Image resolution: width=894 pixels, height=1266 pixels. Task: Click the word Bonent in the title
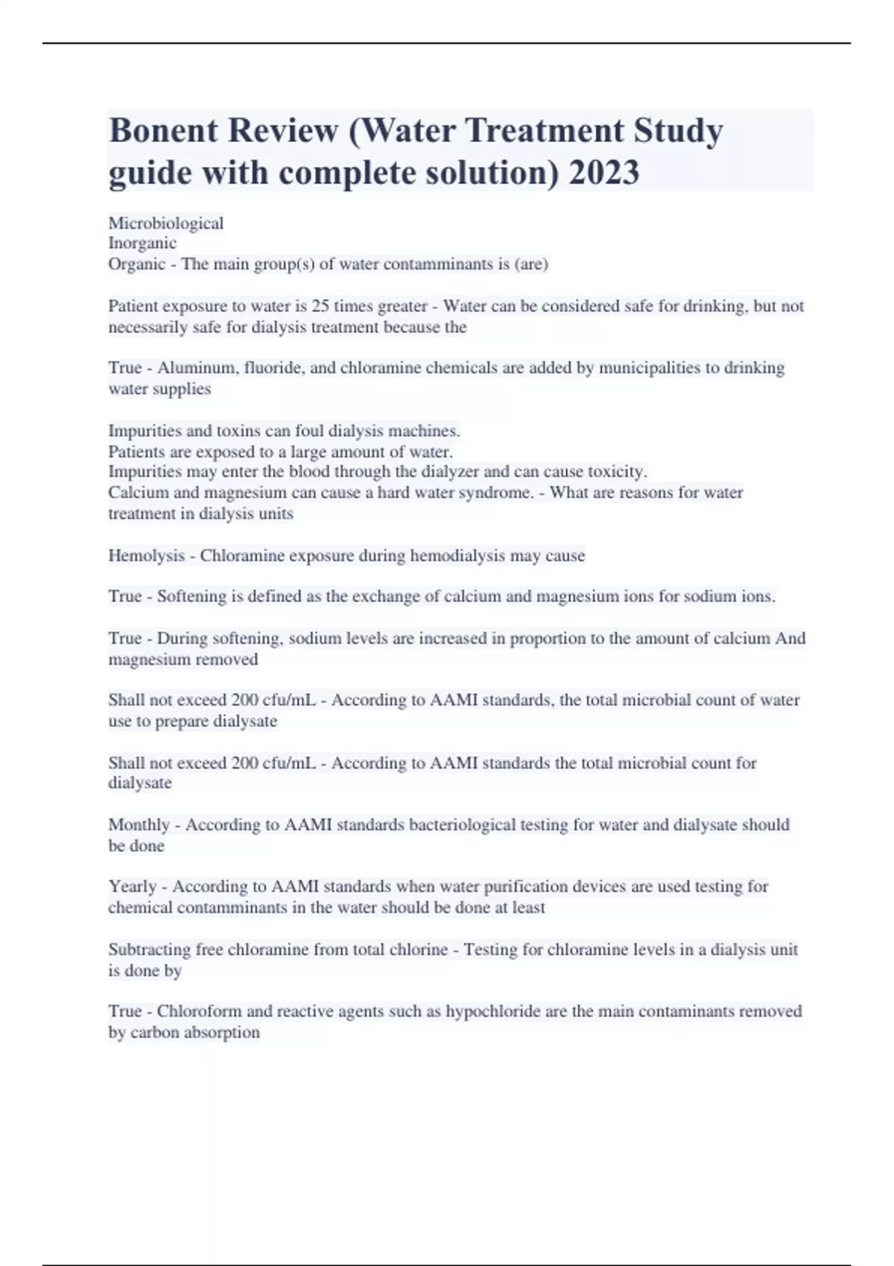(x=163, y=131)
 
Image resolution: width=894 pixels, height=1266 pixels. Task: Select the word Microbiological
(x=165, y=223)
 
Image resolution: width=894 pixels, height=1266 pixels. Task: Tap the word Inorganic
(x=142, y=243)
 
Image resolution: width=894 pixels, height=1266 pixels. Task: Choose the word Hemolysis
(x=146, y=556)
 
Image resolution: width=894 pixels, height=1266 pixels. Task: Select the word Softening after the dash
(x=191, y=597)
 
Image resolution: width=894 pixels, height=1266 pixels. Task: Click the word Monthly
(x=139, y=825)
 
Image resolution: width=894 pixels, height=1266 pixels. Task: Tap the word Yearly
(x=133, y=887)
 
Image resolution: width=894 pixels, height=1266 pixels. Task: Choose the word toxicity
(x=618, y=471)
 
